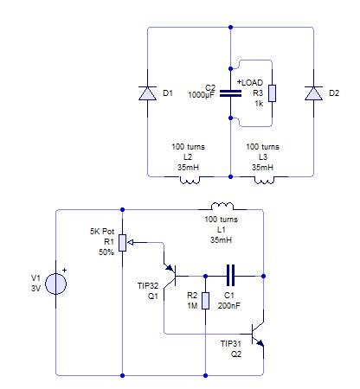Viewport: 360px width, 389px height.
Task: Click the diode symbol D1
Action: coord(148,93)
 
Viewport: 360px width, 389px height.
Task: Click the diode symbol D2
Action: coord(313,93)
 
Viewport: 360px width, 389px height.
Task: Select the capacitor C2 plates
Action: coord(230,93)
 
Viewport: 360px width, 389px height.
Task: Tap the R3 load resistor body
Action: coord(272,93)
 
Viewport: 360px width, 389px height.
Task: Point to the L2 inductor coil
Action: coord(190,180)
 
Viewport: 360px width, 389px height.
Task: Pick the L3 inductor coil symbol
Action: coord(264,180)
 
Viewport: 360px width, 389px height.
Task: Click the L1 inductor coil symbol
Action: coord(222,206)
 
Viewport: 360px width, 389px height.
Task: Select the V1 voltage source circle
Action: coord(55,284)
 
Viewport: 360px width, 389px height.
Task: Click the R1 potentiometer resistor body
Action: coord(123,243)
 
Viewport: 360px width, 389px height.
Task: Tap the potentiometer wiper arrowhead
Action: coord(130,243)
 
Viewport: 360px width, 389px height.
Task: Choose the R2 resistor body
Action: coord(205,301)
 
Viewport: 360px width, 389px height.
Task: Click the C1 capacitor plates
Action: coord(230,276)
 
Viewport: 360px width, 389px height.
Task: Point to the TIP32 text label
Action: coord(148,286)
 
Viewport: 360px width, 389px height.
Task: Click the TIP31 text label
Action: coord(231,343)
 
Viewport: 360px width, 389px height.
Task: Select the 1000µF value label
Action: coord(202,94)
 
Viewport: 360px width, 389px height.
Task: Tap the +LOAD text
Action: coord(250,83)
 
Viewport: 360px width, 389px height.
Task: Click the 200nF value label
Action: coord(229,306)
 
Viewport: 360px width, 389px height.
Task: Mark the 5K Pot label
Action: coord(102,232)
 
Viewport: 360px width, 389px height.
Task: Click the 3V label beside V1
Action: coord(35,289)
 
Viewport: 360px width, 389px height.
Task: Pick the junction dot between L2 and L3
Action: coord(230,176)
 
